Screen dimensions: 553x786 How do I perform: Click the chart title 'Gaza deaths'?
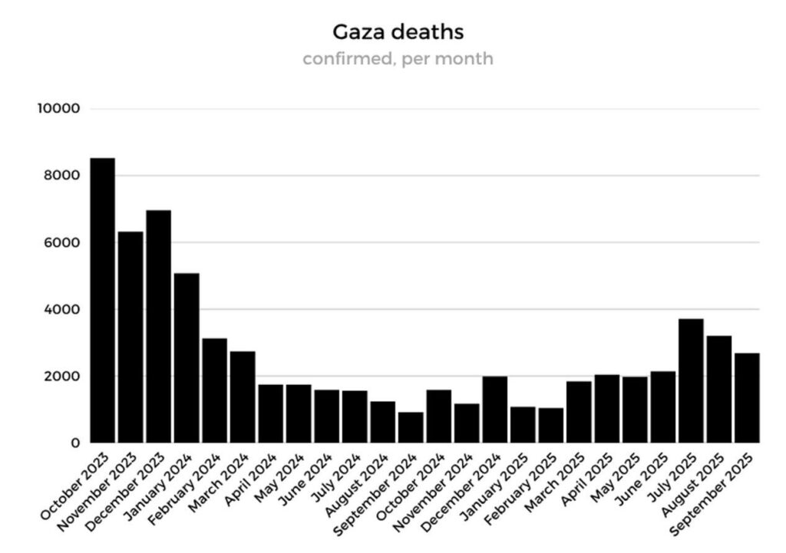[x=398, y=32]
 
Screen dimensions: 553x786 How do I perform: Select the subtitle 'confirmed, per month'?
[x=398, y=59]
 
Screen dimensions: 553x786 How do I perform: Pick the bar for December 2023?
[x=159, y=327]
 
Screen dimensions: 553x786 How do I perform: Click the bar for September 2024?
[x=411, y=427]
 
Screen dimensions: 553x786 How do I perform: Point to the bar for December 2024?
[x=494, y=410]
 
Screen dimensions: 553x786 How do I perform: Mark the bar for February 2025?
[x=550, y=425]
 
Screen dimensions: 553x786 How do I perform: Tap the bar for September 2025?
[x=747, y=398]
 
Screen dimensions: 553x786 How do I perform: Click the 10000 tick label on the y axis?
[x=59, y=108]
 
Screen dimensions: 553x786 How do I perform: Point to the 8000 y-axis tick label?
[x=62, y=176]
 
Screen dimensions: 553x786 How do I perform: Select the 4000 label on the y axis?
[x=62, y=310]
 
